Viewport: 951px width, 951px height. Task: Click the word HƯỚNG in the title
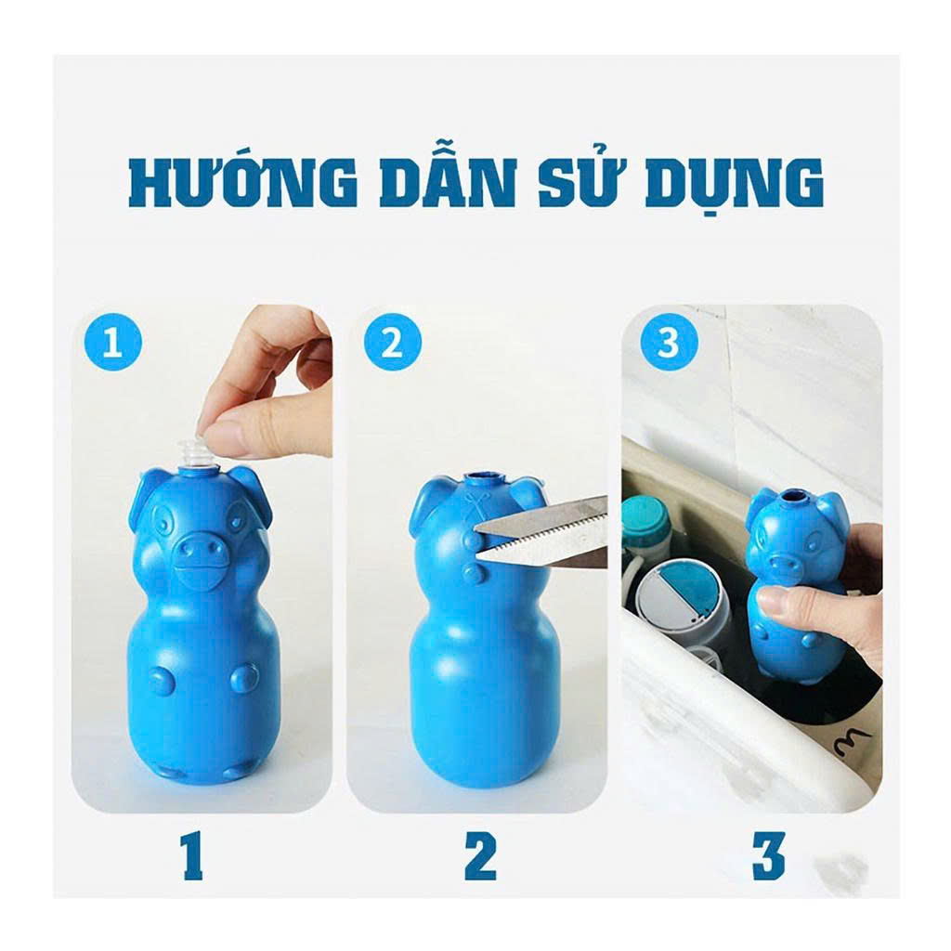242,181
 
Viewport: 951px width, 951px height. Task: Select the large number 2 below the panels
480,855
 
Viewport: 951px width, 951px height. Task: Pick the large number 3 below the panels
769,855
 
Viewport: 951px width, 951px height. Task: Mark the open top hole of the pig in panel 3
789,499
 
